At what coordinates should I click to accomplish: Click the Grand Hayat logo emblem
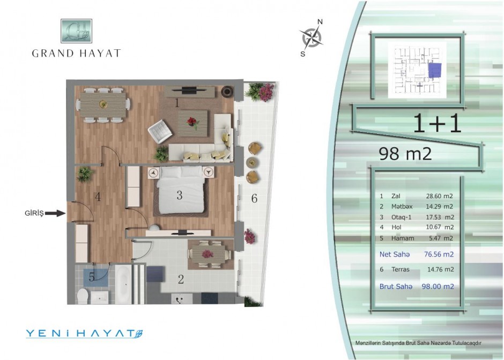(x=76, y=31)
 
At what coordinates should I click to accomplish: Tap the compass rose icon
(x=312, y=37)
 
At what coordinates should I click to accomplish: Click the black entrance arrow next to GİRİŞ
(x=55, y=213)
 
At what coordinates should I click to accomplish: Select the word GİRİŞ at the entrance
(x=34, y=213)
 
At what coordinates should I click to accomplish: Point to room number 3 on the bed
(x=180, y=195)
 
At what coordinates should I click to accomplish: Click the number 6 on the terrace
(x=254, y=198)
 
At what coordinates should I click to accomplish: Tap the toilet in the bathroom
(x=83, y=296)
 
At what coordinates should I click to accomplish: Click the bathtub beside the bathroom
(x=123, y=284)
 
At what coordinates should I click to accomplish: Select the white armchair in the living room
(x=160, y=131)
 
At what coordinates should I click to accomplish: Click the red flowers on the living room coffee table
(x=192, y=122)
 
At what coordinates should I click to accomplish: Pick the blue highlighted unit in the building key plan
(x=435, y=70)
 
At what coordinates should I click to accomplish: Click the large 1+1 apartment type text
(x=437, y=123)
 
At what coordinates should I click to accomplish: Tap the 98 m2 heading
(x=405, y=154)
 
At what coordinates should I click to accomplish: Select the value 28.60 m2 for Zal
(x=440, y=196)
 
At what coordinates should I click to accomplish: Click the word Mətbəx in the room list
(x=402, y=206)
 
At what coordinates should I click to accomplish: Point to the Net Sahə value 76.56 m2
(x=439, y=254)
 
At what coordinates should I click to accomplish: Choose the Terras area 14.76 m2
(x=440, y=269)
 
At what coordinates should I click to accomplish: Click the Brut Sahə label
(x=396, y=287)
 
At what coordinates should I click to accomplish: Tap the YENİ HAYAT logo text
(x=84, y=333)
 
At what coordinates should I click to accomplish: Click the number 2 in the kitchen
(x=181, y=280)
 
